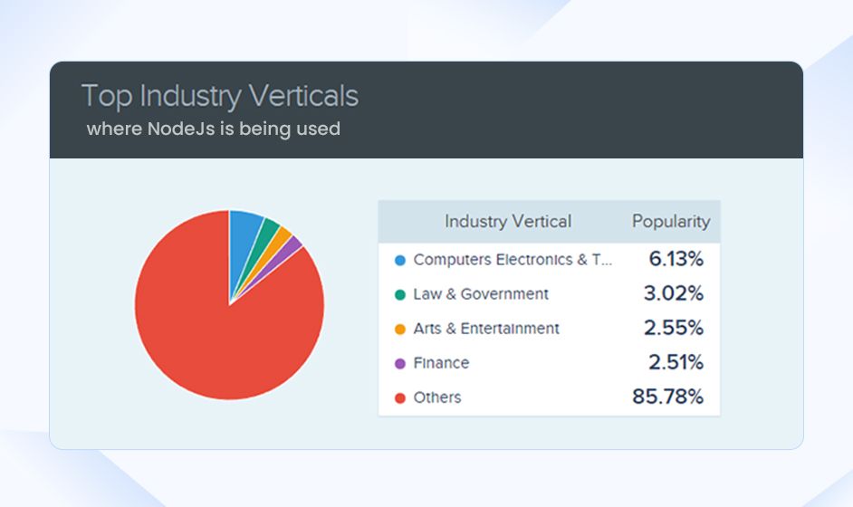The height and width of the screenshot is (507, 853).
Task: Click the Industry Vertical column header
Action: tap(507, 221)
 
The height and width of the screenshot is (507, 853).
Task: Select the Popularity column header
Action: tap(670, 221)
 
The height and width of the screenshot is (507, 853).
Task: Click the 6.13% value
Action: tap(676, 260)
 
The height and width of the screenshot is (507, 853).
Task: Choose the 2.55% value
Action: tap(675, 329)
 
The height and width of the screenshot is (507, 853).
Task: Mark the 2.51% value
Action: tap(675, 363)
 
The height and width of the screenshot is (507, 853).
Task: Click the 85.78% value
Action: tap(667, 397)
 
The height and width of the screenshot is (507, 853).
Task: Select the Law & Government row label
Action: tap(481, 294)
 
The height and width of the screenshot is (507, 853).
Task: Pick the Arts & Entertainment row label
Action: tap(486, 329)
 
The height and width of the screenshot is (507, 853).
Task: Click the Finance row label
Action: tap(441, 363)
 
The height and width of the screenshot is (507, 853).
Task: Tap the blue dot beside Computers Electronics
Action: tap(400, 261)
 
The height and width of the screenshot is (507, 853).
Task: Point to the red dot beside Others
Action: tap(400, 397)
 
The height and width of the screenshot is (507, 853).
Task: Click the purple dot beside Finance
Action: tap(400, 363)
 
